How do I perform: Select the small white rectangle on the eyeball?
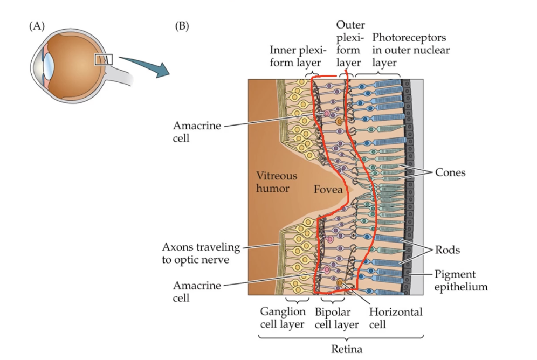pyautogui.click(x=103, y=59)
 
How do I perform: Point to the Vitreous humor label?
pyautogui.click(x=276, y=182)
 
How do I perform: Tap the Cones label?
pyautogui.click(x=450, y=172)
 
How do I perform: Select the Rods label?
pyautogui.click(x=448, y=250)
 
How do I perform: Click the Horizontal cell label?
pyautogui.click(x=396, y=318)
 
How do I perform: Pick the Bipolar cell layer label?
pyautogui.click(x=336, y=318)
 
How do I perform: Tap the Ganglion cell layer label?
pyautogui.click(x=283, y=318)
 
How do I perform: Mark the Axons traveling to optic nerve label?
pyautogui.click(x=201, y=253)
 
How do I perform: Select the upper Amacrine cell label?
pyautogui.click(x=197, y=131)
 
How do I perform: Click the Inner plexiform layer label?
pyautogui.click(x=298, y=57)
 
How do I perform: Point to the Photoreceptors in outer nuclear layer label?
pyautogui.click(x=410, y=50)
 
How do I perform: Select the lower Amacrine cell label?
pyautogui.click(x=197, y=291)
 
